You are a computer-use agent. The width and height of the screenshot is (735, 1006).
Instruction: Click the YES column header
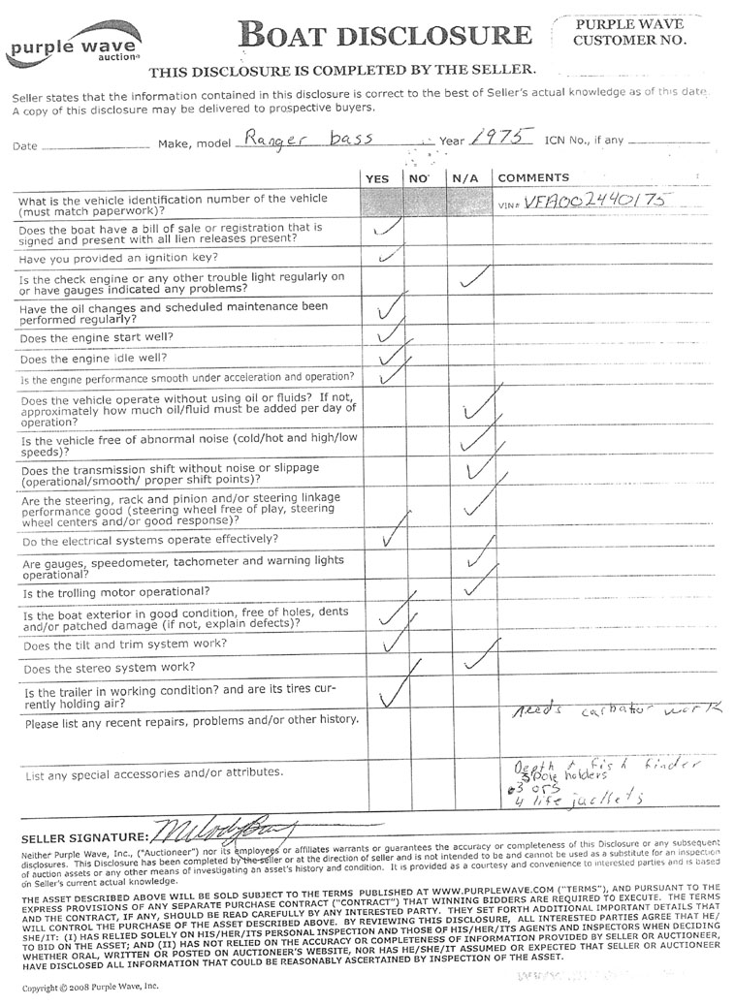pyautogui.click(x=377, y=178)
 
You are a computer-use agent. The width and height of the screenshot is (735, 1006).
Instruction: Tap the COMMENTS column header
pyautogui.click(x=532, y=178)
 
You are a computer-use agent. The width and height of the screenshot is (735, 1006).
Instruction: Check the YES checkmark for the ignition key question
pyautogui.click(x=388, y=258)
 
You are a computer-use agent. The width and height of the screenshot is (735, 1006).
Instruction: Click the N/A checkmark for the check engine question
pyautogui.click(x=473, y=281)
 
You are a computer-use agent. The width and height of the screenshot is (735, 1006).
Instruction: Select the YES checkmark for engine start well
pyautogui.click(x=389, y=335)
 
